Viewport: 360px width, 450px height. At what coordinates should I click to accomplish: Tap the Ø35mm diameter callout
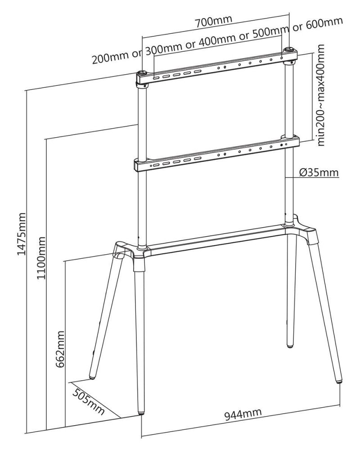319,172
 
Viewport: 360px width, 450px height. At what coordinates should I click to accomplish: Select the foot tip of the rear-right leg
290,344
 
